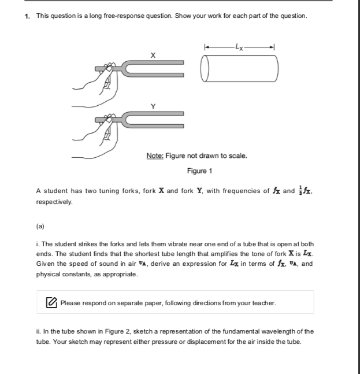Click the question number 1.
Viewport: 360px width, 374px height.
pos(27,15)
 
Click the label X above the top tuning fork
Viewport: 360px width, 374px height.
pos(153,55)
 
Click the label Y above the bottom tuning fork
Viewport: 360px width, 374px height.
pos(153,106)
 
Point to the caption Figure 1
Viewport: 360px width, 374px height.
pos(200,171)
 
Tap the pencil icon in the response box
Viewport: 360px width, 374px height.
pos(51,302)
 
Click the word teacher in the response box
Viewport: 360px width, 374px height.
pos(263,302)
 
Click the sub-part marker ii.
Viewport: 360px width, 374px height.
pos(38,331)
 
